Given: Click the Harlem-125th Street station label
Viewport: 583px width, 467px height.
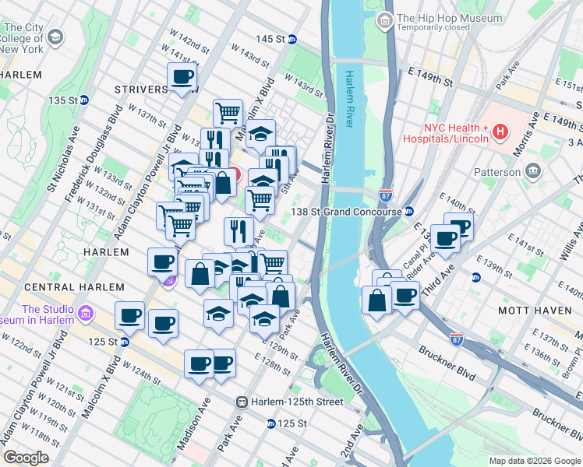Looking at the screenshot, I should tap(296, 402).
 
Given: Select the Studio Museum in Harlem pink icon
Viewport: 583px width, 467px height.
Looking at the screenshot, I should tap(86, 314).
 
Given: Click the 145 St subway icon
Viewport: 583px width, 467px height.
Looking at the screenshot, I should tap(292, 39).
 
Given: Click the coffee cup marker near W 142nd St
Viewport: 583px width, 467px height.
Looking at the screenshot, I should tap(182, 77).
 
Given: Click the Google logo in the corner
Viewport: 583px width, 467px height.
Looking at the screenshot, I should tap(25, 458).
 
